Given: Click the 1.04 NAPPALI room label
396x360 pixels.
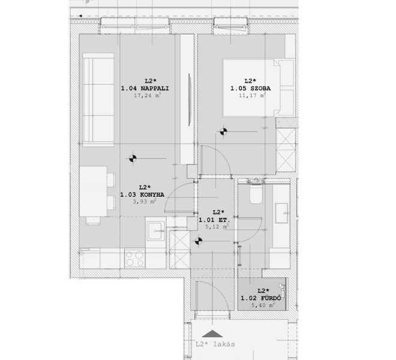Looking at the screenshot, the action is pos(145,88).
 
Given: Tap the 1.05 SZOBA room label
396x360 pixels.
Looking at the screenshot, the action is pos(250,88).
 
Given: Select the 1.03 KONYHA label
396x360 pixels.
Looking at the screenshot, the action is pos(142,195).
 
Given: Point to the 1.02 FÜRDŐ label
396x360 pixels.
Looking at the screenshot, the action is pos(260,298).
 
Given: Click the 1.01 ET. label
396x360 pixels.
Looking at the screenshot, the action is pos(214,220).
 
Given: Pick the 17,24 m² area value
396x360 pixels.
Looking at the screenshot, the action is pos(148,95).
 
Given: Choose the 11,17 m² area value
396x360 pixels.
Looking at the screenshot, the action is pos(252,95).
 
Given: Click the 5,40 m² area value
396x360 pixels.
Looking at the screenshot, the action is pos(263,305).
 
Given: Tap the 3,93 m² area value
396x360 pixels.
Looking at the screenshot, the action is pos(145,202).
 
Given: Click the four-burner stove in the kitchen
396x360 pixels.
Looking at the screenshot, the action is pos(135,259).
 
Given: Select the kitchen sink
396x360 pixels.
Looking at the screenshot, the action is pos(156,230).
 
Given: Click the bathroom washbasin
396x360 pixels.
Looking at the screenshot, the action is pos(281,213).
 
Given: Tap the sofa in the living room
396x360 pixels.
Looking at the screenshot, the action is pos(98,100).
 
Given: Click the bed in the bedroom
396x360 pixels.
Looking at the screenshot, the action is pos(259,88).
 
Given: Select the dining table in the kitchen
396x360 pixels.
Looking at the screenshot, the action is pos(94,191).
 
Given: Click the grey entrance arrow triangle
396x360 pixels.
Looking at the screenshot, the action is pos(212,334).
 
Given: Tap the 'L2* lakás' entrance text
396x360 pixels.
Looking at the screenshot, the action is pos(215,344).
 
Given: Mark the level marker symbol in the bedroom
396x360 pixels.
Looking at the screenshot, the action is pos(224,131).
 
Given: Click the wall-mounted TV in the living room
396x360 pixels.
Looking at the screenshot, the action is pos(190,100).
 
